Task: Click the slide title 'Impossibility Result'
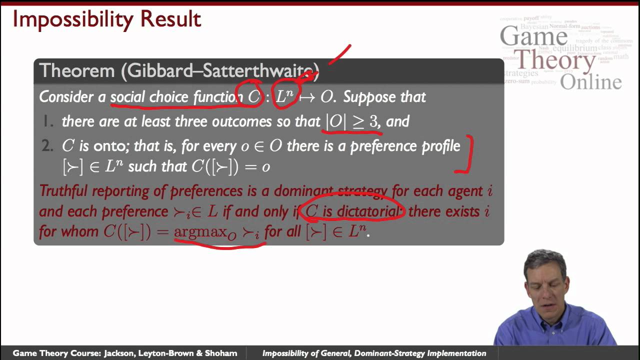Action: (x=106, y=19)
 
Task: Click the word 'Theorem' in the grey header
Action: (x=76, y=70)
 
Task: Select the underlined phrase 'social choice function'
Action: (x=176, y=96)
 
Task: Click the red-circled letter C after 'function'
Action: (x=254, y=96)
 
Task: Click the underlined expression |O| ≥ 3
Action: (x=352, y=121)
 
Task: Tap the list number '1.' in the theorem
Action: (x=48, y=121)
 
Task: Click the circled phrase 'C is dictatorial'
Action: (x=352, y=211)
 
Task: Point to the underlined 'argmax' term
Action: (x=199, y=232)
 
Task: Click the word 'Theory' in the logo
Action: (x=555, y=61)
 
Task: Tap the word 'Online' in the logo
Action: (x=590, y=82)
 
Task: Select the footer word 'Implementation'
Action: (x=456, y=353)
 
